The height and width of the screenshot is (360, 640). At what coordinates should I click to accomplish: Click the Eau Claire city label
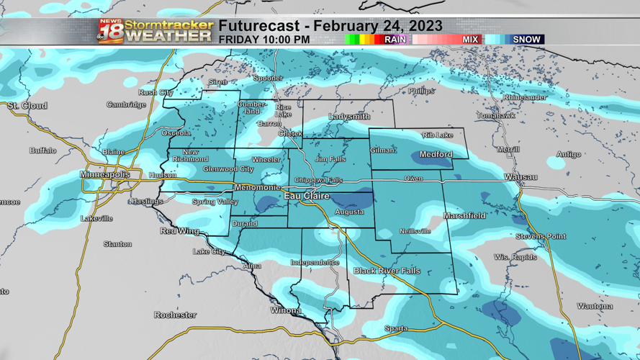(307, 196)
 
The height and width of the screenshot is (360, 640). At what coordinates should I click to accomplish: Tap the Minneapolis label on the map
(105, 175)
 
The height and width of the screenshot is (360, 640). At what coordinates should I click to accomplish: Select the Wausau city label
(520, 176)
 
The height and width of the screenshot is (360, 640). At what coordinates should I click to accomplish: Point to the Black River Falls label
(387, 271)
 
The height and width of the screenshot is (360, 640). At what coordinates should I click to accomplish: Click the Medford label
(436, 154)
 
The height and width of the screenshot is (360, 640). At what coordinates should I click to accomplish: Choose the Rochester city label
(175, 315)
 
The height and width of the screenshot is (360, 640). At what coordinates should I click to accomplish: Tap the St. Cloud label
(27, 106)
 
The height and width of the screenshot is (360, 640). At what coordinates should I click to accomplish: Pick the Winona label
(286, 310)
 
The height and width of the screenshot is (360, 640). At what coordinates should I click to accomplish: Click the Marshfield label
(464, 215)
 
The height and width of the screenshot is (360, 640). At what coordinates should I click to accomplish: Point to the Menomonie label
(257, 187)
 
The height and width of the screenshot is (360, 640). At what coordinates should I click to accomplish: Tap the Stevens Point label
(541, 236)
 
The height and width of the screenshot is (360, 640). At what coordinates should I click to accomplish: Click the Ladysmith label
(349, 117)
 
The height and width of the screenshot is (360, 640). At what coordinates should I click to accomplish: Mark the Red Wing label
(179, 231)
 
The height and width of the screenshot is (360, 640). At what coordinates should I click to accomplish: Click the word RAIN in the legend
(395, 40)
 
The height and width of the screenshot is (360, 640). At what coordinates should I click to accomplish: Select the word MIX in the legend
(470, 40)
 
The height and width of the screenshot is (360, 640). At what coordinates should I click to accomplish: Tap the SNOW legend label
(526, 40)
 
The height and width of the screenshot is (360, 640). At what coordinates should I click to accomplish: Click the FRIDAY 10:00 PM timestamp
(264, 40)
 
